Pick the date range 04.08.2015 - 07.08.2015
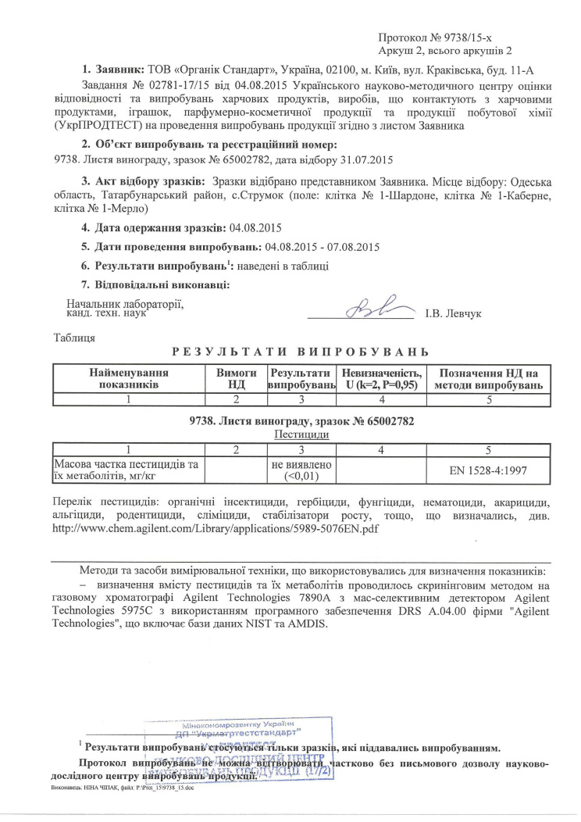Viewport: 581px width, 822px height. pos(323,247)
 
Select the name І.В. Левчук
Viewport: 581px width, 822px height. pos(454,313)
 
